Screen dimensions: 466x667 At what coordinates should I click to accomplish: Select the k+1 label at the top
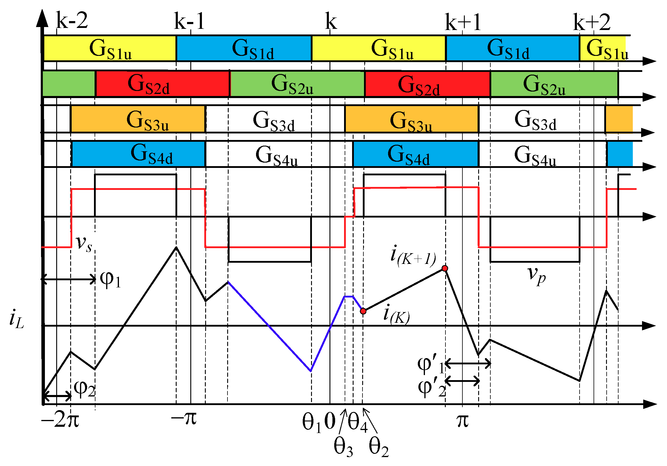coord(463,22)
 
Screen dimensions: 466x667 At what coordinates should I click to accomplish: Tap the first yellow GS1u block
coord(110,48)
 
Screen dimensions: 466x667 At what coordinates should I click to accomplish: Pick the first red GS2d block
coord(163,84)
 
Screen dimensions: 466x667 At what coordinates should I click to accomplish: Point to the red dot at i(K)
coord(363,311)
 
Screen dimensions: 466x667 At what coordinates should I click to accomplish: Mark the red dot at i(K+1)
coord(445,268)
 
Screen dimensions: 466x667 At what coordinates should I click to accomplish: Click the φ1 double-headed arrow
coord(68,279)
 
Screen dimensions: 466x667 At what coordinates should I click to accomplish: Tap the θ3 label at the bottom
coord(343,447)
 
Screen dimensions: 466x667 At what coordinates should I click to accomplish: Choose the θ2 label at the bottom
coord(378,447)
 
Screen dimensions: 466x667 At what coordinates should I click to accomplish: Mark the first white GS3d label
coord(274,120)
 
